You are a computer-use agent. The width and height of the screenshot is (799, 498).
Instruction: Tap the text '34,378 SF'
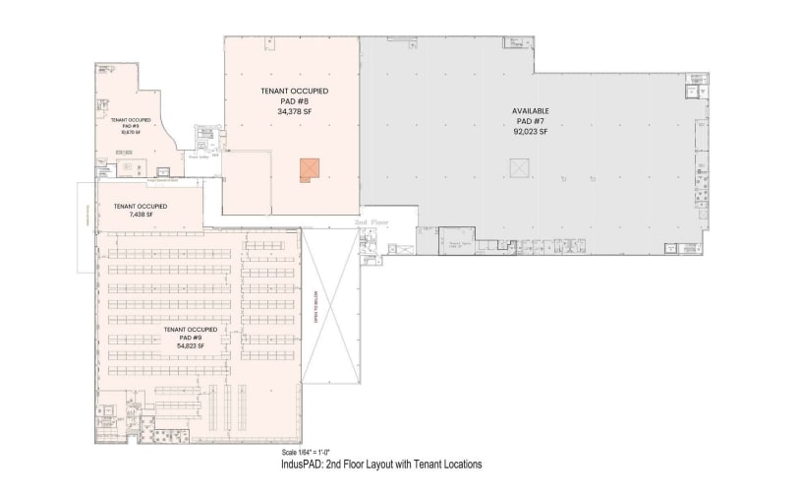294,112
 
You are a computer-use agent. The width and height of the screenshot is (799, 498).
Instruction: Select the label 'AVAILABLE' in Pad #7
531,110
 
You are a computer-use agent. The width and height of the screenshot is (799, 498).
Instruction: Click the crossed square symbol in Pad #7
520,169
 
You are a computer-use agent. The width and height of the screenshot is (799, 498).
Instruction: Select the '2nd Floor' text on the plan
372,223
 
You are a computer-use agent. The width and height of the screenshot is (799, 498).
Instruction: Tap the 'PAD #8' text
294,101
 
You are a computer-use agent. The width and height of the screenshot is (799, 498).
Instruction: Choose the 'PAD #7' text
531,120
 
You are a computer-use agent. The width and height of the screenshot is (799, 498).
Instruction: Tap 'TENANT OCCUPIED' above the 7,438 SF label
139,206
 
